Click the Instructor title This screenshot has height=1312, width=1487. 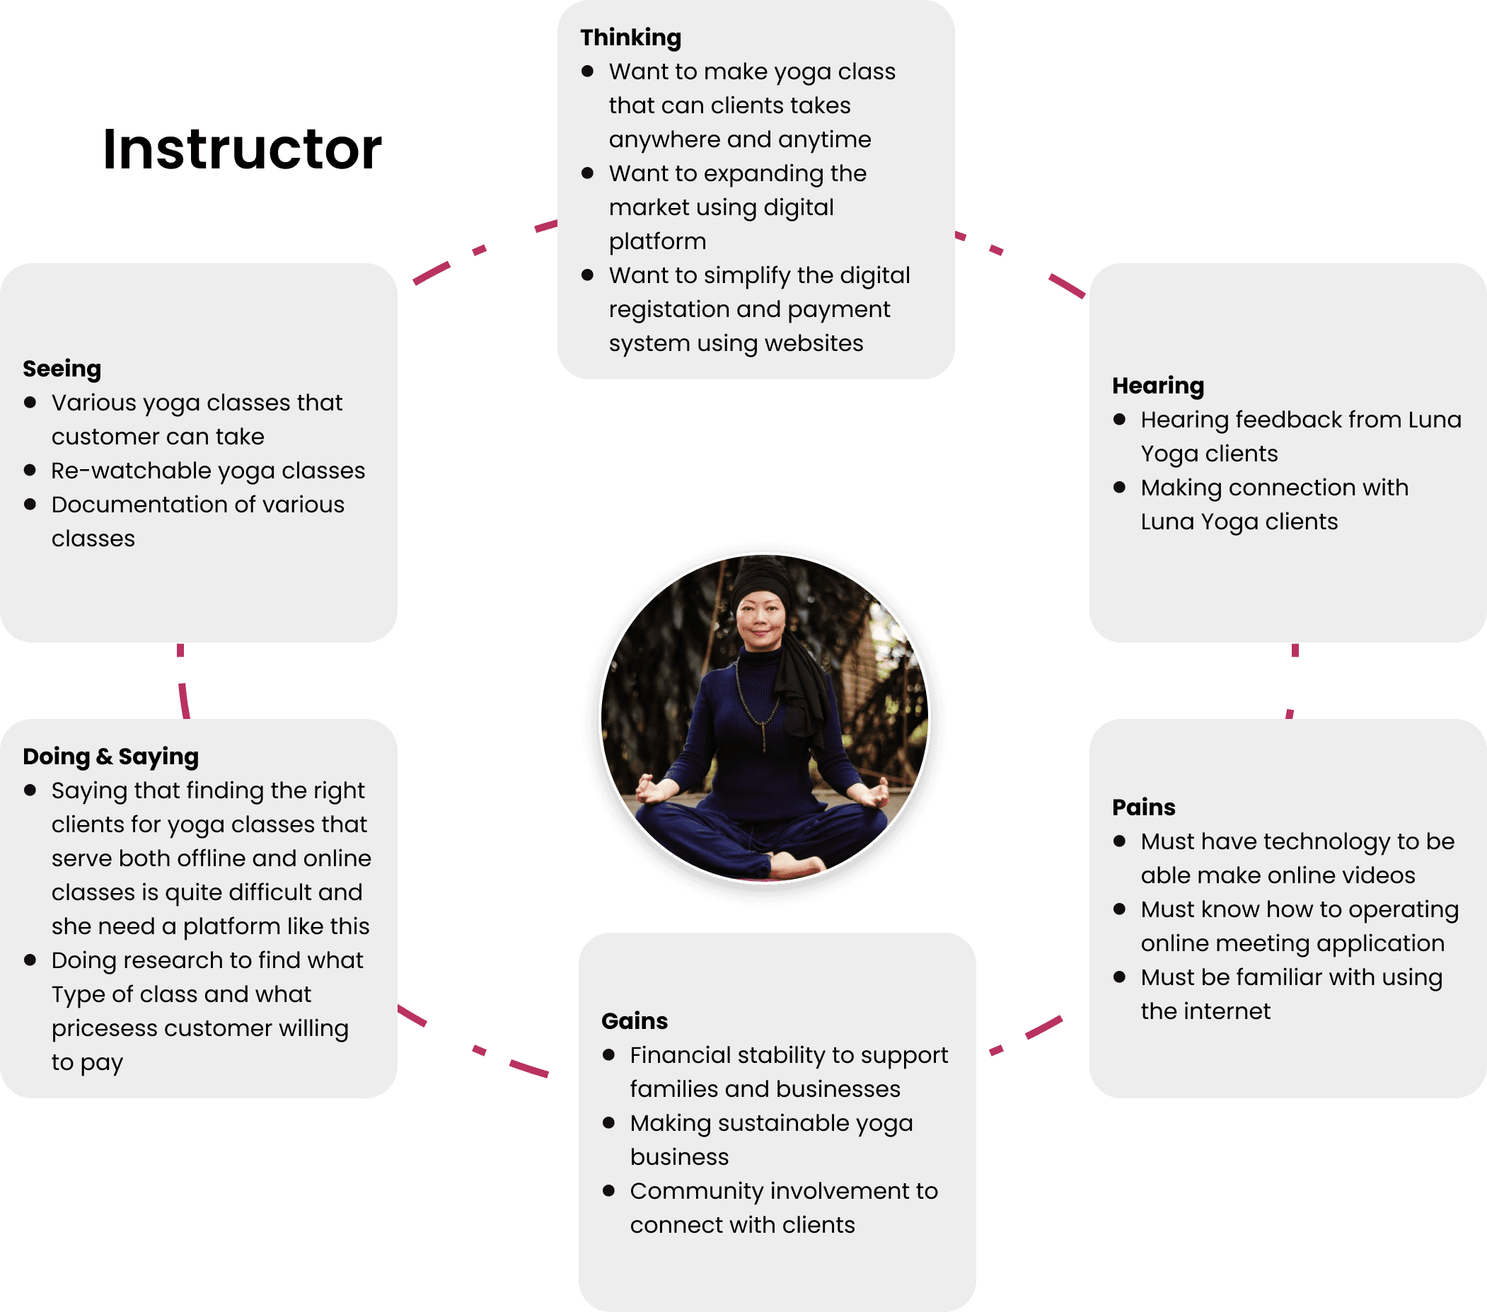tap(241, 149)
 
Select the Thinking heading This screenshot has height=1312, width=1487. tap(630, 38)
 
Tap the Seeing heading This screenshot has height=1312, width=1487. tap(62, 369)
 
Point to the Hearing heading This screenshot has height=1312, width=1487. tap(1157, 386)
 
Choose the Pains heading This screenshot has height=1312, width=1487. tap(1143, 807)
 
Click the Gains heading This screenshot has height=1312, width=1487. tap(634, 1021)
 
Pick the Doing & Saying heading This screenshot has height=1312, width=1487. tap(110, 756)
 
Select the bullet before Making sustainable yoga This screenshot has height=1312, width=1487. tap(609, 1123)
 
